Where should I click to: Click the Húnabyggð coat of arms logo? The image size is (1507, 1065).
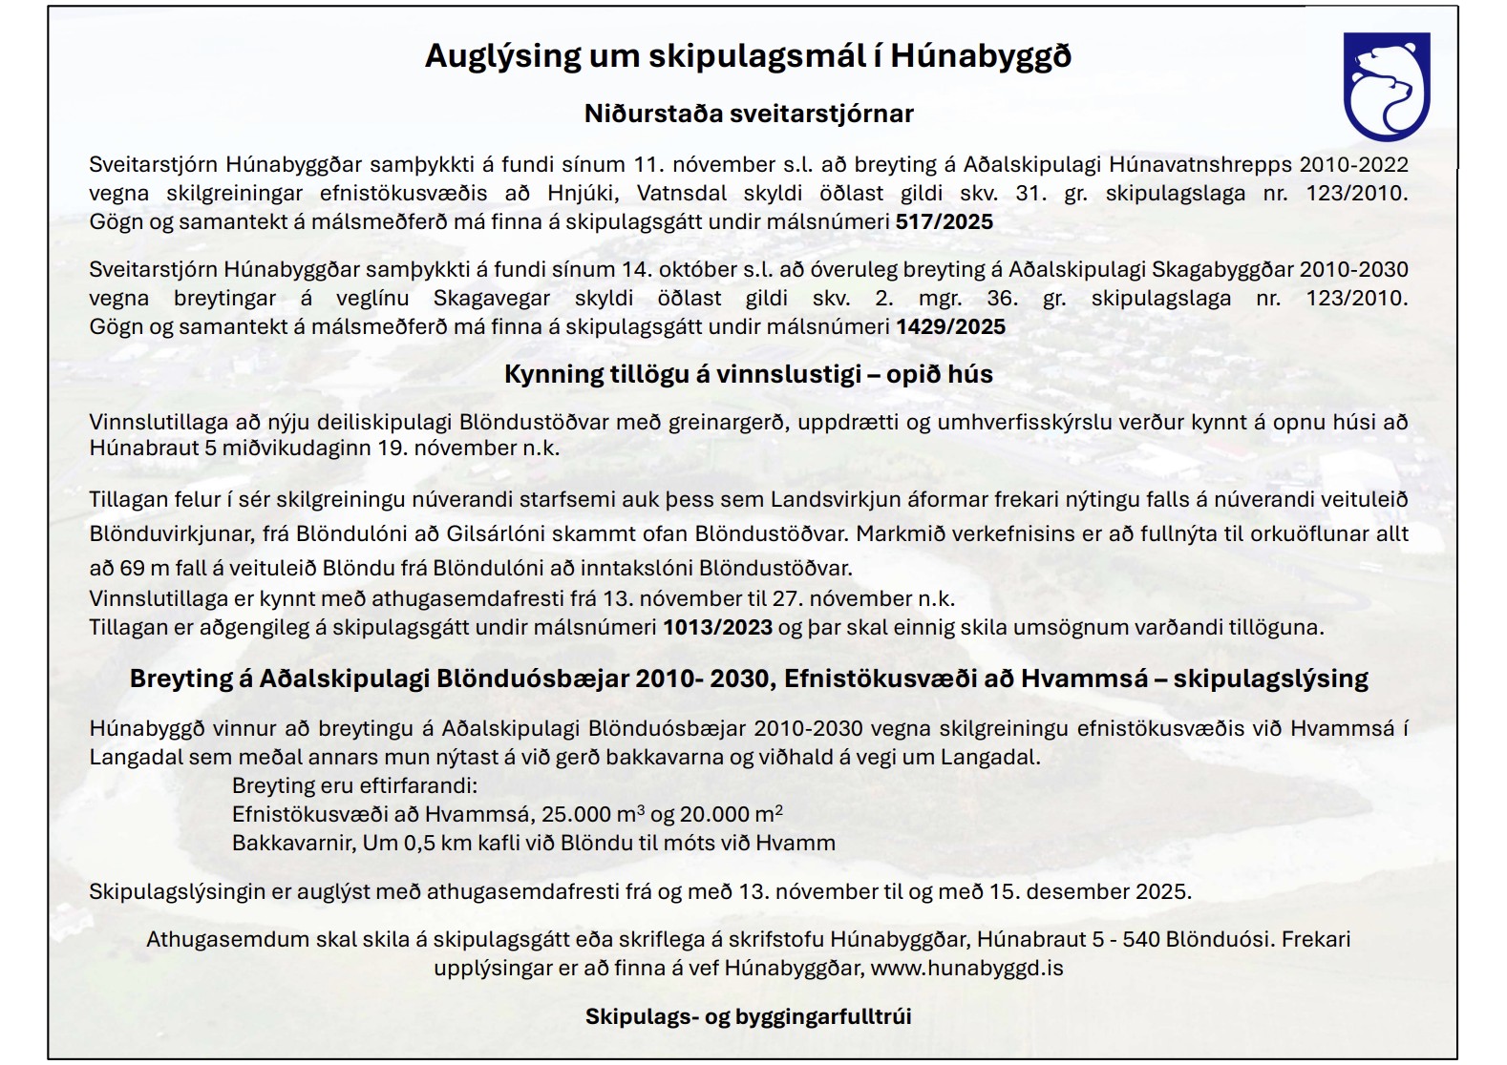pyautogui.click(x=1387, y=86)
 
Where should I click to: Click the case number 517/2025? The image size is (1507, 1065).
pyautogui.click(x=944, y=222)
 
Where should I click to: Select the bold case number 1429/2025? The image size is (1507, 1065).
pyautogui.click(x=950, y=327)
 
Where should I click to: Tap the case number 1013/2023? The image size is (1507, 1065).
pyautogui.click(x=718, y=628)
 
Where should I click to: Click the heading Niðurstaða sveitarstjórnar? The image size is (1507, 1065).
pyautogui.click(x=749, y=115)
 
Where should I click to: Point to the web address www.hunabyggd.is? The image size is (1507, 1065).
pyautogui.click(x=966, y=968)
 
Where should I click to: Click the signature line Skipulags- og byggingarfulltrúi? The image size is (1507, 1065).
pyautogui.click(x=749, y=1016)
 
